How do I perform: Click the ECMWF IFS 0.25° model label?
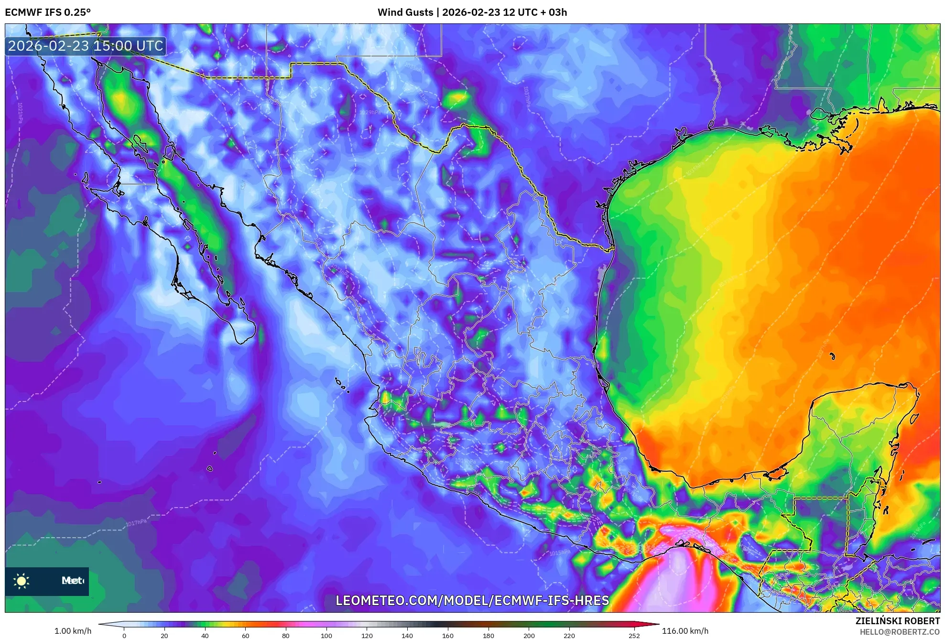[48, 12]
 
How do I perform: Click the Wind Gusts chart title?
[472, 12]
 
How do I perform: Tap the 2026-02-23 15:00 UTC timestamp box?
[86, 46]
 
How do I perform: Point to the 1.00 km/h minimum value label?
[73, 631]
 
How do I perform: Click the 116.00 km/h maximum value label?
[685, 631]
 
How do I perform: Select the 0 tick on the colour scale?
[124, 635]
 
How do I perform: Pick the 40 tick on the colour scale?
[205, 635]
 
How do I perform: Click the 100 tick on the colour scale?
[326, 635]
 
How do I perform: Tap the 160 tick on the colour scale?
[448, 635]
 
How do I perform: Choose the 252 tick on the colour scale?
[634, 635]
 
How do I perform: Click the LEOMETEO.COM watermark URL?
[472, 600]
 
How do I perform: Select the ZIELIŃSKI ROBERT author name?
[898, 621]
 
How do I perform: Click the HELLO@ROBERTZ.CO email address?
[900, 632]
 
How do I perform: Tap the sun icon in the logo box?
[22, 581]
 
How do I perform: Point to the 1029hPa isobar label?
[370, 112]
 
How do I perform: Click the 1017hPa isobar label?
[136, 523]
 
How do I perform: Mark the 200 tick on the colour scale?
[529, 635]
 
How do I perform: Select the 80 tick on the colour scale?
[286, 635]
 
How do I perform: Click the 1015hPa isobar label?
[560, 553]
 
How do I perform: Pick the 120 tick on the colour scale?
[367, 635]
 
